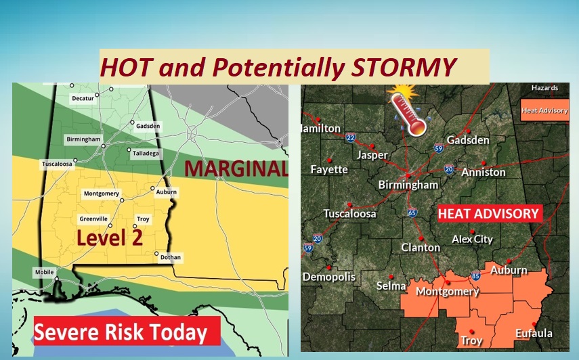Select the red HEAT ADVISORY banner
(x=488, y=214)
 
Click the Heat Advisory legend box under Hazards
(x=544, y=110)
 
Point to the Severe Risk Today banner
(x=121, y=332)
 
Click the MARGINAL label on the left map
(x=236, y=168)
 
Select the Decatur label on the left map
(x=83, y=99)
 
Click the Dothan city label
(x=172, y=258)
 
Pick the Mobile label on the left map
(x=43, y=272)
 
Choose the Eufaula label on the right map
(x=534, y=333)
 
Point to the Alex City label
(x=473, y=240)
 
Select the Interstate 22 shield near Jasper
(x=350, y=138)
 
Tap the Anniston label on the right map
(x=484, y=172)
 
